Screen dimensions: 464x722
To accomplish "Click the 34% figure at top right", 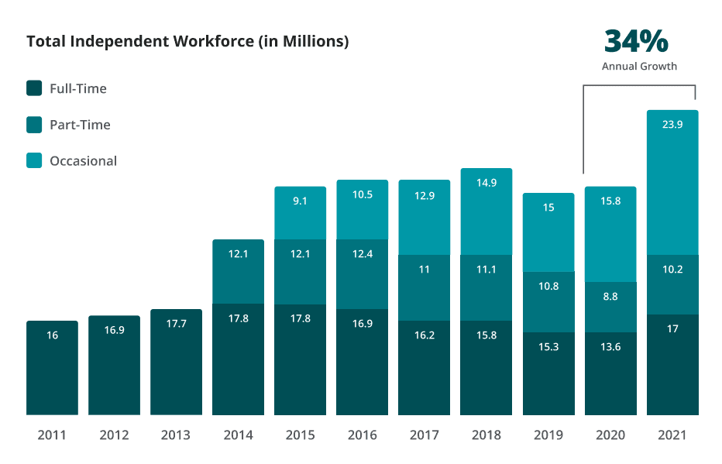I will pos(636,41).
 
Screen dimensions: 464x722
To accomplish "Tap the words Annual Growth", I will pos(639,67).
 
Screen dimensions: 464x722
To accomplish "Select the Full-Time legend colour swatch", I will pos(34,88).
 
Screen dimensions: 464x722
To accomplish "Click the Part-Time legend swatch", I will pos(34,125).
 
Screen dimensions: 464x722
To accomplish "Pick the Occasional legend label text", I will pos(83,161).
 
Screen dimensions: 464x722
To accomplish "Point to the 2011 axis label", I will pos(52,435).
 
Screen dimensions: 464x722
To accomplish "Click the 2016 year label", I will pos(362,435).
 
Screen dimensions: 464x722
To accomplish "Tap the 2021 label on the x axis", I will pos(672,435).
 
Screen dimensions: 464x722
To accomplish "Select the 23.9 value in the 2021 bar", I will pos(672,124).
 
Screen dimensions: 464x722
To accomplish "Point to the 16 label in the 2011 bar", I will pos(52,335).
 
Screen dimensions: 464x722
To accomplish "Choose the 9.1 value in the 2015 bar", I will pos(300,200).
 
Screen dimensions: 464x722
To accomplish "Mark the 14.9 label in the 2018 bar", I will pos(486,183).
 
